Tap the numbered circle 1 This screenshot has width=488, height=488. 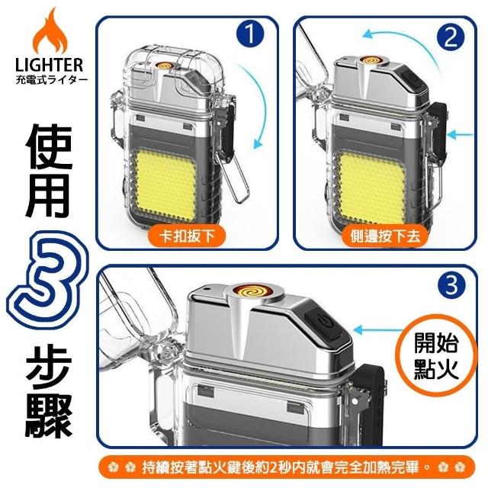250,34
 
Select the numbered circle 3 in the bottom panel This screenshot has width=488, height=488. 451,285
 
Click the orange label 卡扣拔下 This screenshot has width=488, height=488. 187,236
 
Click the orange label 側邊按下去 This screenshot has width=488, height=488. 385,236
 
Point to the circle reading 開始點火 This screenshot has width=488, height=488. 436,356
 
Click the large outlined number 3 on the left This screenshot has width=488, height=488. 47,280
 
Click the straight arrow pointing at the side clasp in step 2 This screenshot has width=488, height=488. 460,135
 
